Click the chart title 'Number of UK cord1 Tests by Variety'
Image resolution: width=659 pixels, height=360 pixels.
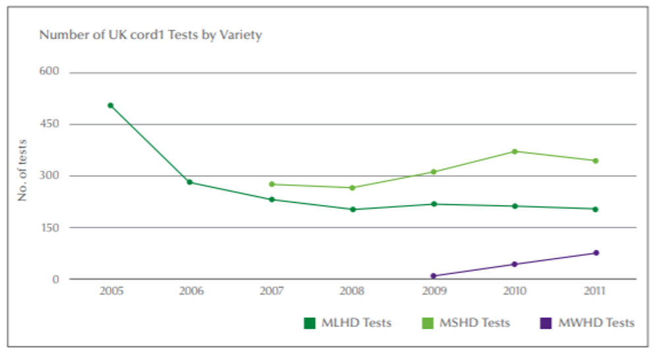point(150,35)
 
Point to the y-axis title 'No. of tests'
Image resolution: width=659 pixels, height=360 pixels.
point(22,170)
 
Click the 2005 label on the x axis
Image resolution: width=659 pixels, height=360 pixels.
point(111,291)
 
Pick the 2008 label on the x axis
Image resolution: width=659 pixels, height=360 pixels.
point(353,291)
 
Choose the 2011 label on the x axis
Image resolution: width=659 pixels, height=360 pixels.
point(595,291)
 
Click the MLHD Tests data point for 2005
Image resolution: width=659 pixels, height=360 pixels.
point(111,105)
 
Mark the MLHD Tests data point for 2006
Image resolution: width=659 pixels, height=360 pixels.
point(190,182)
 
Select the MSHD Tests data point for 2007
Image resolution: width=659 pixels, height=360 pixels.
point(272,184)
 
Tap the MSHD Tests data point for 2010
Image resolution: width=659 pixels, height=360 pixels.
point(515,152)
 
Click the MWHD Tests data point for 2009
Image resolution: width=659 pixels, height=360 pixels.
point(434,276)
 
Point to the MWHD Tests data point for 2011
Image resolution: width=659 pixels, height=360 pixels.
point(596,253)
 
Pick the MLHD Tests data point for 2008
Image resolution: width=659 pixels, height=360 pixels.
point(353,210)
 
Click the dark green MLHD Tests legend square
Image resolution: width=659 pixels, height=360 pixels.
point(309,323)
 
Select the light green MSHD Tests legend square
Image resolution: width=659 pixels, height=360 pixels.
point(428,323)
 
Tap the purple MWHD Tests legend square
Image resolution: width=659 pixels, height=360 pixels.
point(545,323)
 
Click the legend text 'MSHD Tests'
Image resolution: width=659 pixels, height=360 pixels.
point(476,323)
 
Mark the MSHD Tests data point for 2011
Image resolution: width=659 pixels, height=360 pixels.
point(595,161)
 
